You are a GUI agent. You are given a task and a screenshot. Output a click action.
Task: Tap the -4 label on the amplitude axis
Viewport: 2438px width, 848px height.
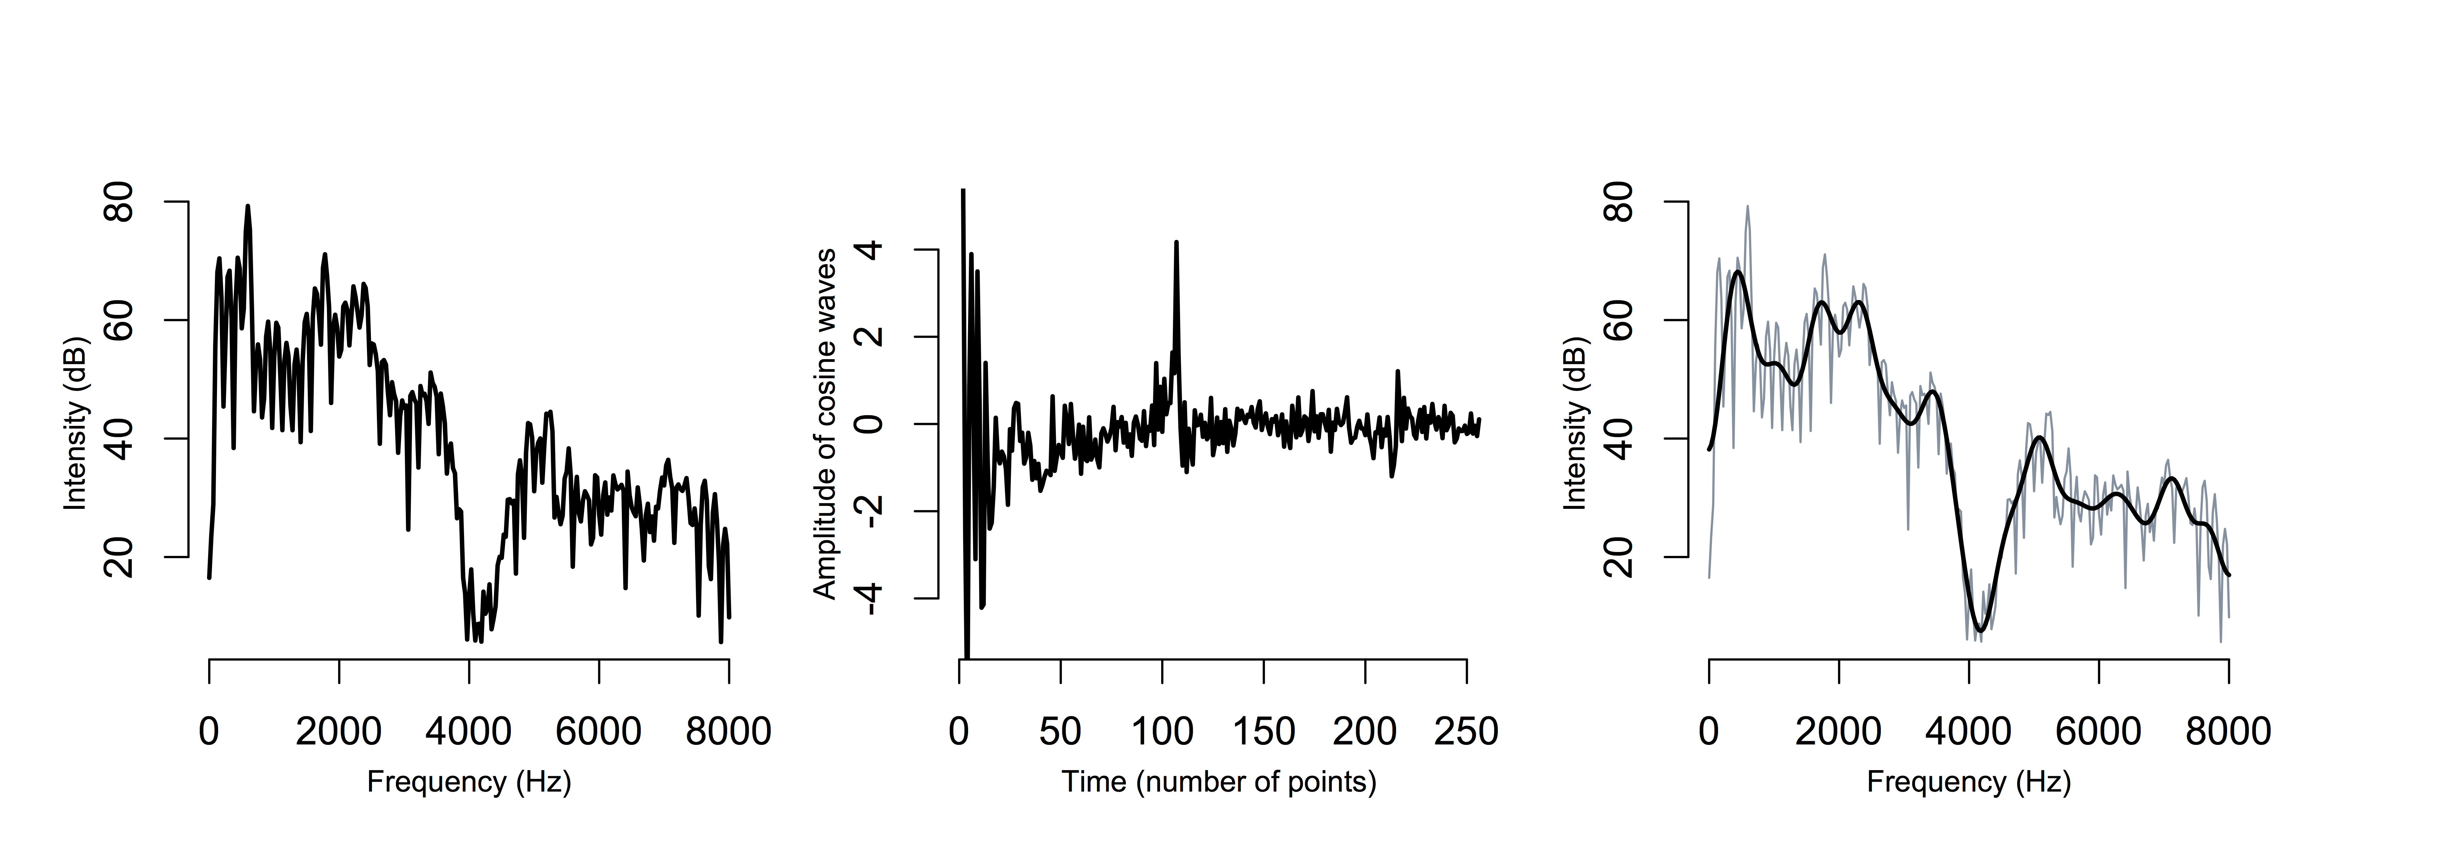pos(871,598)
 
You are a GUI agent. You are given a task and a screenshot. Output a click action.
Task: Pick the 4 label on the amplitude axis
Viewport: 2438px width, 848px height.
pos(871,250)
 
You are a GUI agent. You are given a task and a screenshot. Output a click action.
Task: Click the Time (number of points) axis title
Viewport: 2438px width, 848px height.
pos(1219,782)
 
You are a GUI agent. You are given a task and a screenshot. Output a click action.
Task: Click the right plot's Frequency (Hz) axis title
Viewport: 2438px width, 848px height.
pos(1969,782)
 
